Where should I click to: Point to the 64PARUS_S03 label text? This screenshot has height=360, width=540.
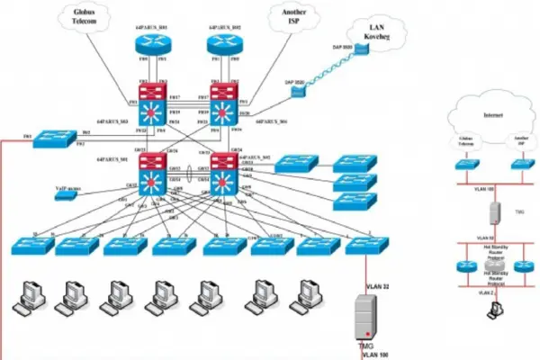(x=112, y=121)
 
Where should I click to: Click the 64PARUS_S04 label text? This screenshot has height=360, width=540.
(x=271, y=120)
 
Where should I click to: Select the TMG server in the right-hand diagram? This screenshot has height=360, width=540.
(x=493, y=212)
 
